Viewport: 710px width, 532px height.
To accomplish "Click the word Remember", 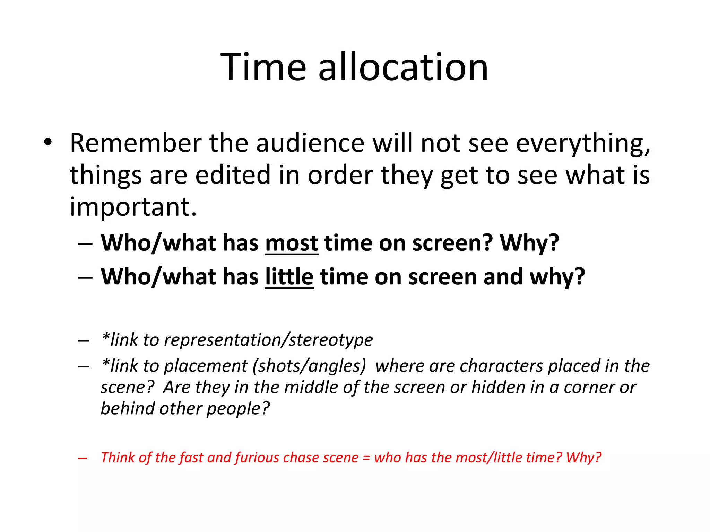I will pyautogui.click(x=136, y=143).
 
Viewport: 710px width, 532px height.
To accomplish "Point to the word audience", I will pyautogui.click(x=310, y=143).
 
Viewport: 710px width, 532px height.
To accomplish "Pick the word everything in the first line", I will pyautogui.click(x=583, y=143).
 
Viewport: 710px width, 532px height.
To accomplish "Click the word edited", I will pyautogui.click(x=233, y=175).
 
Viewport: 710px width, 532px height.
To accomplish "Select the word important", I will pyautogui.click(x=133, y=207).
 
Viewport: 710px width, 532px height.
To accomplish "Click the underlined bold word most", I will pyautogui.click(x=291, y=243).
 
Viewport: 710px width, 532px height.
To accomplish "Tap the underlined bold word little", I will pyautogui.click(x=289, y=277).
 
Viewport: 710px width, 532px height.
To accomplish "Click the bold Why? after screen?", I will pyautogui.click(x=529, y=243).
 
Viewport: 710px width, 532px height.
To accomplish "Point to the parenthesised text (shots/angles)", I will pyautogui.click(x=309, y=366).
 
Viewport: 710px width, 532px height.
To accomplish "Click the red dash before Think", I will pyautogui.click(x=83, y=458).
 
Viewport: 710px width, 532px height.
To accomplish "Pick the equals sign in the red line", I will pyautogui.click(x=366, y=458).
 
